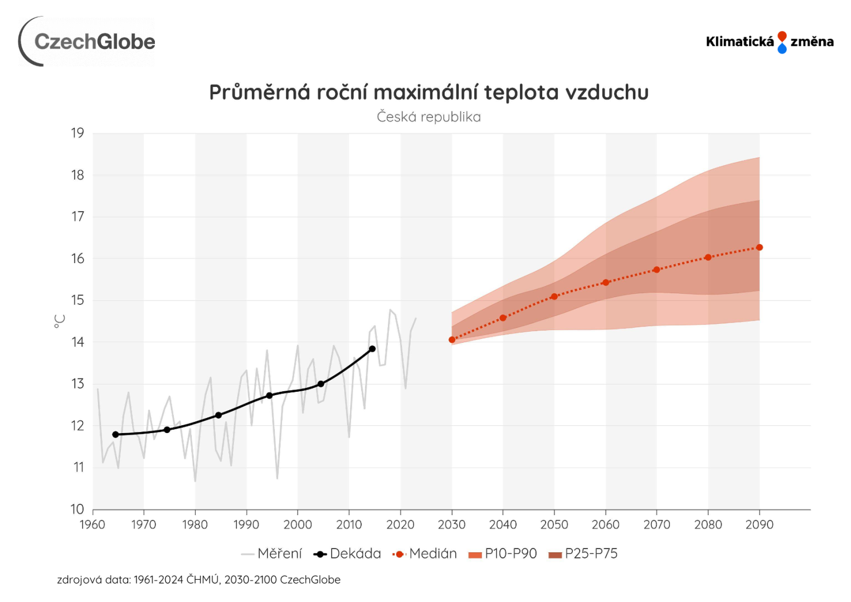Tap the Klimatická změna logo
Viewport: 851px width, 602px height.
click(x=769, y=42)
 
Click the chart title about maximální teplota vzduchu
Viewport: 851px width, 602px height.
click(x=429, y=93)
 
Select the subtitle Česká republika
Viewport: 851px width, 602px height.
click(x=429, y=117)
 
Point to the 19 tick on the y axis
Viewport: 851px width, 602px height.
click(x=77, y=133)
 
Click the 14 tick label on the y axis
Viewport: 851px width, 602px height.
click(x=77, y=342)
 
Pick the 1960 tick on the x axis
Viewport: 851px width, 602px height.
click(x=93, y=525)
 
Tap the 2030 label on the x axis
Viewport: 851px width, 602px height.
click(x=451, y=525)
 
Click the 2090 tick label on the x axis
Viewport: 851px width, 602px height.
click(x=759, y=525)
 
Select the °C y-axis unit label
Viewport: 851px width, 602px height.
click(x=60, y=321)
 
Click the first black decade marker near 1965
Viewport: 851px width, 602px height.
click(x=116, y=434)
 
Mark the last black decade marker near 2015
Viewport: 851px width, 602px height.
click(x=372, y=349)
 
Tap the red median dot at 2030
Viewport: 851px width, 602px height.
click(x=452, y=339)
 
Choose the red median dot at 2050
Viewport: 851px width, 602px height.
click(x=554, y=297)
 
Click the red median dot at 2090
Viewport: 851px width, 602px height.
click(x=759, y=247)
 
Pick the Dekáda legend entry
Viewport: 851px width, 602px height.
click(x=347, y=554)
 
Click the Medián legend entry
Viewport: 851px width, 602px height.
click(x=425, y=554)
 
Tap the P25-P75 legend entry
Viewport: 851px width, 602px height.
click(x=583, y=554)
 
